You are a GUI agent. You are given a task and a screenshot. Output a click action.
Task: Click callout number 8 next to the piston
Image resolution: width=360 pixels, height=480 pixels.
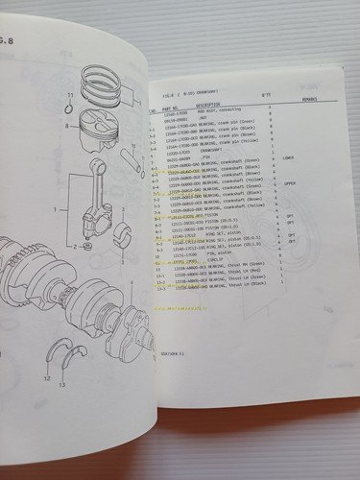65,125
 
